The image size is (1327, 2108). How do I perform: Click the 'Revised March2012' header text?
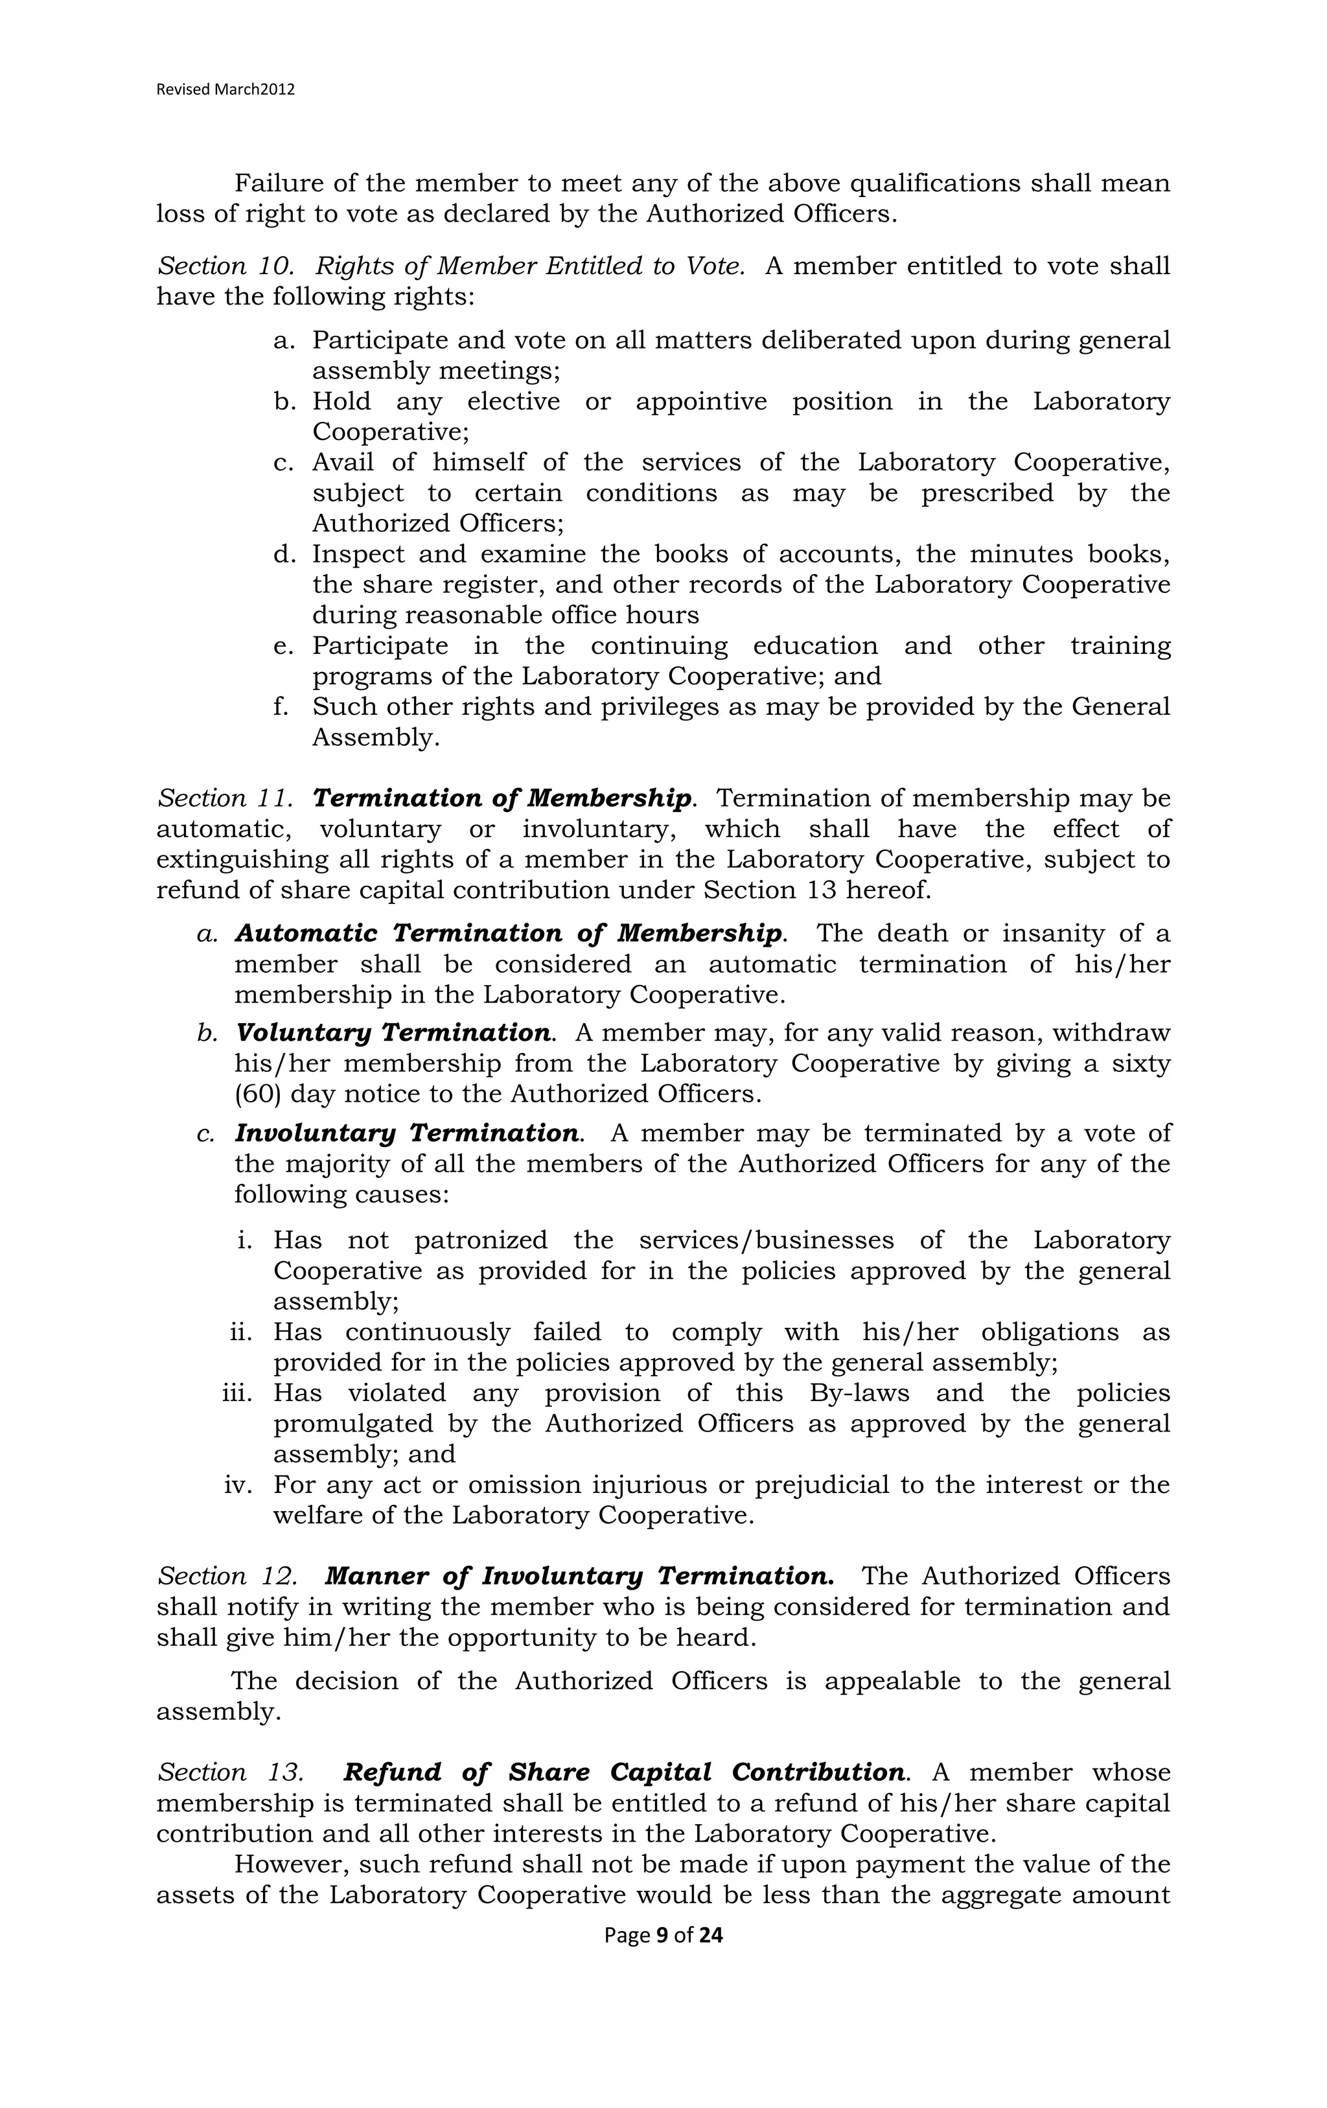click(x=225, y=89)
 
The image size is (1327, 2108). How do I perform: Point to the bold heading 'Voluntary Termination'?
click(x=394, y=1033)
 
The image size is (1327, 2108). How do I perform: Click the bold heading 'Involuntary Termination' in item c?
click(x=407, y=1133)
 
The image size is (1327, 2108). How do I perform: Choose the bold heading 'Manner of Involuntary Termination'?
click(x=579, y=1577)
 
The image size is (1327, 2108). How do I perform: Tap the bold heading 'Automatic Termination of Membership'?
click(x=509, y=933)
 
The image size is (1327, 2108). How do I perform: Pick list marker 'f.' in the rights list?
click(x=280, y=706)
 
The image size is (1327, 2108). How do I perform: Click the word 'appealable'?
click(x=891, y=1682)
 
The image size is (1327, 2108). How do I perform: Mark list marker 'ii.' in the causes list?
click(x=241, y=1332)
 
